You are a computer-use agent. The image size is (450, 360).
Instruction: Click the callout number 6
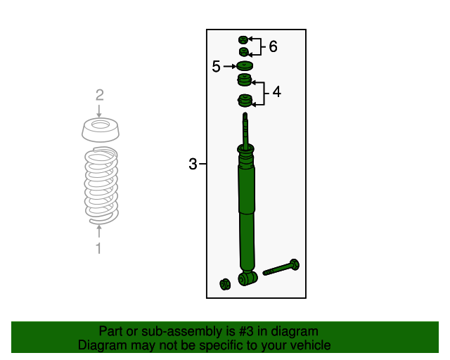tap(274, 46)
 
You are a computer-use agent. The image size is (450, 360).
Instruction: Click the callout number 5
tap(216, 67)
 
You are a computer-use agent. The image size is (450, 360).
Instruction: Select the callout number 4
tap(276, 92)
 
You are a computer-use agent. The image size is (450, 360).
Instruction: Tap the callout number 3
tap(193, 164)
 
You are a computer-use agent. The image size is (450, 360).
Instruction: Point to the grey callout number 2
tap(100, 95)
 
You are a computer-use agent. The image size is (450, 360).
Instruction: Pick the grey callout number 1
tap(98, 248)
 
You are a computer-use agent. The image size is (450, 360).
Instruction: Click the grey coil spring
tap(101, 186)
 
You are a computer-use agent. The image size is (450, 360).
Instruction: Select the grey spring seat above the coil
tap(100, 130)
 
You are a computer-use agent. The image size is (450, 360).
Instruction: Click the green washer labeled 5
tap(245, 66)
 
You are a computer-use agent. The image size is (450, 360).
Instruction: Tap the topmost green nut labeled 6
tap(243, 40)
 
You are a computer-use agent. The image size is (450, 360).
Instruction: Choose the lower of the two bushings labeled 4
tap(245, 101)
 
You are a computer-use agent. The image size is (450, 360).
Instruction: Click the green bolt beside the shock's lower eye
tap(281, 268)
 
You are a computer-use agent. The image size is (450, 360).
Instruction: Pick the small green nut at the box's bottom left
tap(225, 284)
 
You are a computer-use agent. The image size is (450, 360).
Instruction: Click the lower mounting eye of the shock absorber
tap(247, 278)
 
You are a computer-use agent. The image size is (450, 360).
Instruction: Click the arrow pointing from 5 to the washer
tap(230, 67)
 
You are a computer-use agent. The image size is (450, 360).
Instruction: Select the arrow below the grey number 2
tap(99, 111)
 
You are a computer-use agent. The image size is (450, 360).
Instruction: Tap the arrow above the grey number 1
tap(99, 231)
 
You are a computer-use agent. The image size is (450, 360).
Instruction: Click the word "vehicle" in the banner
tap(313, 345)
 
